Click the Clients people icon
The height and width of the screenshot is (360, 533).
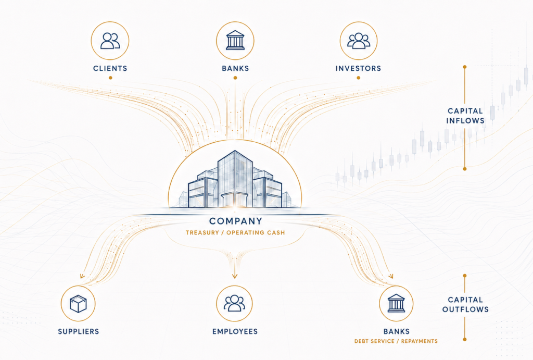pos(110,41)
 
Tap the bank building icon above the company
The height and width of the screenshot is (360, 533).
pos(235,40)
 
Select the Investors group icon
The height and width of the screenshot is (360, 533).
pos(359,41)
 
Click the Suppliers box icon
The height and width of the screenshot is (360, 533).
pos(78,304)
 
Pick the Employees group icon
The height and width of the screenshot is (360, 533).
pos(235,303)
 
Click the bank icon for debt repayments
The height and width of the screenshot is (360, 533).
pos(396,303)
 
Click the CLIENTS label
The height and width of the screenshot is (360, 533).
pos(110,68)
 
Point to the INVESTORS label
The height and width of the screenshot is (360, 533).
pos(358,68)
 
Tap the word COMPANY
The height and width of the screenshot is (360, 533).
pos(236,221)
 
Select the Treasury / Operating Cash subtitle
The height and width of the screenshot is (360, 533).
pos(235,233)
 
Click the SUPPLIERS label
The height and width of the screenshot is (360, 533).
pos(79,331)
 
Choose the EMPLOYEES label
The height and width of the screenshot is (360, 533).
pos(235,331)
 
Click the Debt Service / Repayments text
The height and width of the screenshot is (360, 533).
pos(396,341)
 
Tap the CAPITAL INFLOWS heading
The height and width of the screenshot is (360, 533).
pos(465,116)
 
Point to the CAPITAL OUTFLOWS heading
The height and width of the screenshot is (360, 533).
pos(465,305)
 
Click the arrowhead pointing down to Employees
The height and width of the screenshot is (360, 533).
pos(235,276)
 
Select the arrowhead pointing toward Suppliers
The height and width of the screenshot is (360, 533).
pos(82,276)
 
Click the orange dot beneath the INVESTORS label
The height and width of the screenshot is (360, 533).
pos(358,78)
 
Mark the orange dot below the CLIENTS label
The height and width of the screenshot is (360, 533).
pos(110,78)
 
